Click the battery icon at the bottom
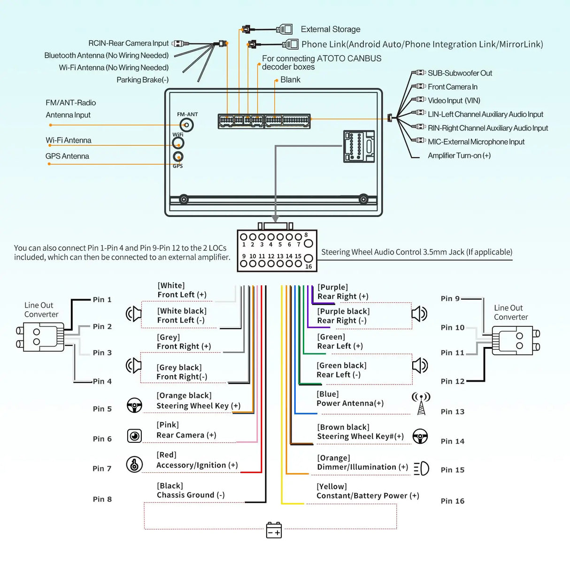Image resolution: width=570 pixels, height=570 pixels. [x=274, y=530]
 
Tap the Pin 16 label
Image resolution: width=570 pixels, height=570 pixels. [x=452, y=501]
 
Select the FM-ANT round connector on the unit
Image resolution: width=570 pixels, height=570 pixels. [x=187, y=125]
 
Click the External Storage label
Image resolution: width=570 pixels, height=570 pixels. [x=331, y=29]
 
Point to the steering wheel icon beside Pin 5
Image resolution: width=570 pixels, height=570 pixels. [x=135, y=405]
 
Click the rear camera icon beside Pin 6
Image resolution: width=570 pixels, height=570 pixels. [x=135, y=436]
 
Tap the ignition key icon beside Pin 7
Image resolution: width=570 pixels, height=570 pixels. [x=135, y=464]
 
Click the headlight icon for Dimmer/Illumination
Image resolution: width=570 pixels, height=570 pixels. [x=421, y=468]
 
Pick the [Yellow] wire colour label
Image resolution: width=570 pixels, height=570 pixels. [x=331, y=486]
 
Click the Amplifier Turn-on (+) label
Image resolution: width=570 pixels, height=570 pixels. [x=459, y=155]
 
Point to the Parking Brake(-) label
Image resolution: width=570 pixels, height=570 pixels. [x=142, y=80]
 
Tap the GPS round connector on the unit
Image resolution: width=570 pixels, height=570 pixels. [x=178, y=157]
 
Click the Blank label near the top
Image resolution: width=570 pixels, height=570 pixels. [x=290, y=80]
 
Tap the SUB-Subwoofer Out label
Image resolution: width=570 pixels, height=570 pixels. [x=460, y=73]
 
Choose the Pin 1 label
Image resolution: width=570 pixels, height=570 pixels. [x=102, y=300]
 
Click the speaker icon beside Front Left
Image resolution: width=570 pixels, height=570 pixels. [x=134, y=313]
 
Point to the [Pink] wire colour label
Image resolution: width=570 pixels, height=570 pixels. [x=168, y=425]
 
